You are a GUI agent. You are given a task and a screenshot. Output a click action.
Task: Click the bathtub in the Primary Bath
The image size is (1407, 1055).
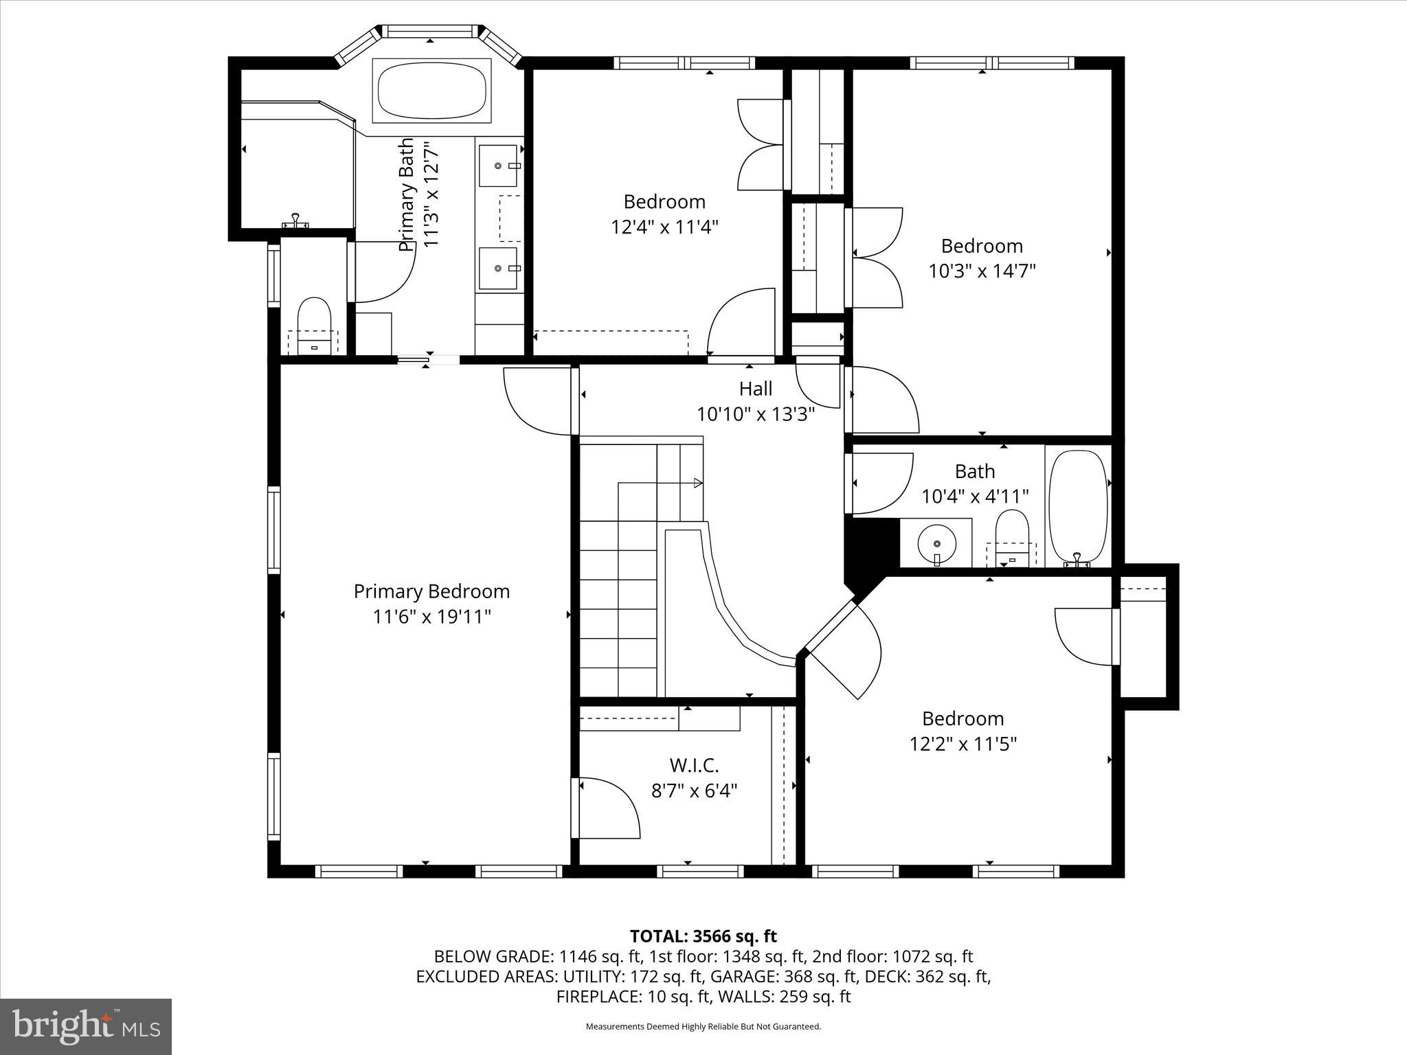[431, 91]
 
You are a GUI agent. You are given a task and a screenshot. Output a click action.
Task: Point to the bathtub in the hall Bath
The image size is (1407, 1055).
[1078, 506]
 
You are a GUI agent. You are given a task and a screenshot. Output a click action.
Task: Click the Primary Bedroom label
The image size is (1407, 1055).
[431, 591]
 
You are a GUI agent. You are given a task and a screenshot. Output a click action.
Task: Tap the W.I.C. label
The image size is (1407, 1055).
[694, 765]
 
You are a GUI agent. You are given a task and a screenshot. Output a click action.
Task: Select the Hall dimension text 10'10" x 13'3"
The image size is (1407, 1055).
[756, 414]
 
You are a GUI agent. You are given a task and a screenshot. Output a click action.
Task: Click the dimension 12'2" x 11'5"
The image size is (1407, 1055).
[963, 744]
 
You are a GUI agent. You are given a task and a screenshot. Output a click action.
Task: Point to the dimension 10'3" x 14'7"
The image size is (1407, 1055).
[982, 271]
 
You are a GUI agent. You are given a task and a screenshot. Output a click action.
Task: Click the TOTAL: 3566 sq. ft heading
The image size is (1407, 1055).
[703, 936]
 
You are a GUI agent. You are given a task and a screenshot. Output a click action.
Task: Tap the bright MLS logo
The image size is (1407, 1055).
[86, 1027]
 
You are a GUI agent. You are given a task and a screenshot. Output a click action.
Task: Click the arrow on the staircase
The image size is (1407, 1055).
[697, 483]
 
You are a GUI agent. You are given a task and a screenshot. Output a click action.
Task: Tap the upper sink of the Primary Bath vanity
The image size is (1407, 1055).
[498, 166]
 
